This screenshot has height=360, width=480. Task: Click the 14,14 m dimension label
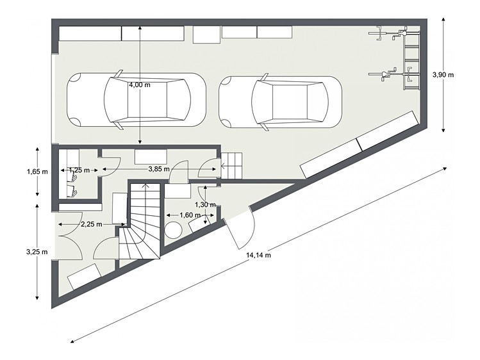258,255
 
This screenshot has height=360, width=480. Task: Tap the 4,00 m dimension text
140,85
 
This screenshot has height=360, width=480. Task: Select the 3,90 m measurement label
443,75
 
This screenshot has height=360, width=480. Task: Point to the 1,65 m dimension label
37,172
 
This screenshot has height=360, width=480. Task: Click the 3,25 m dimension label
37,252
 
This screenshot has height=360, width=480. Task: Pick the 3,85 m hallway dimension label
159,169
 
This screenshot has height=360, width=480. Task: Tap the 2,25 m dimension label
92,224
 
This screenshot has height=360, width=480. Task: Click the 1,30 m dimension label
206,204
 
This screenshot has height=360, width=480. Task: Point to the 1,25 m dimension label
79,170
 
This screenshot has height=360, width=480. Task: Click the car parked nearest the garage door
137,100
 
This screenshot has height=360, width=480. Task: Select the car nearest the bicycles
281,102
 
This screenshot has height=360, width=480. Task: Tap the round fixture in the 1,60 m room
173,230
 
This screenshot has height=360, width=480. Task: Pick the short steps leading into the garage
231,166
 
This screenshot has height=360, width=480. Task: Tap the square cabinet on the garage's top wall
206,35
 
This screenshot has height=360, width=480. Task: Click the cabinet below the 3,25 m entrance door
84,277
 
